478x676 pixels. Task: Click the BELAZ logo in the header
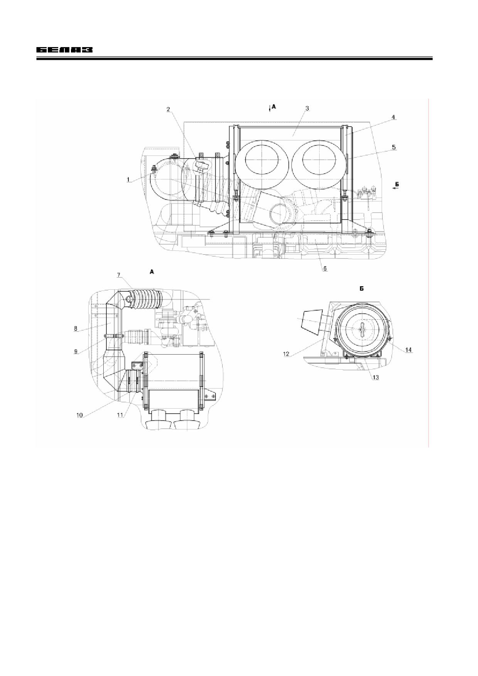point(65,50)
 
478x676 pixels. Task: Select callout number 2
point(168,109)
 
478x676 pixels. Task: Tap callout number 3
point(307,108)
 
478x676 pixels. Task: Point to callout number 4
point(393,117)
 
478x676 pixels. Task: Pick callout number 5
point(394,147)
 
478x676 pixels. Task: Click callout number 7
point(119,275)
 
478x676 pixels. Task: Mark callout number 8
point(76,329)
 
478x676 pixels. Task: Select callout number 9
point(76,351)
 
